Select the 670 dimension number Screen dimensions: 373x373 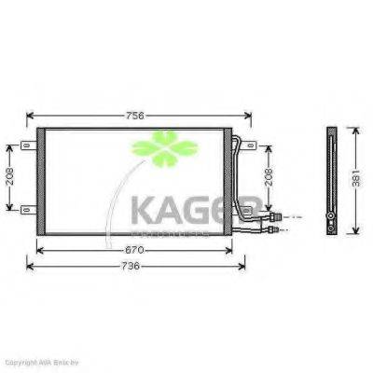pos(135,249)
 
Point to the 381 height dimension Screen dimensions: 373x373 pos(353,180)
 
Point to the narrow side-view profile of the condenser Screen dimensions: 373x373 pos(329,180)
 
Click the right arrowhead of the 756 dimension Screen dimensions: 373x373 pos(249,117)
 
